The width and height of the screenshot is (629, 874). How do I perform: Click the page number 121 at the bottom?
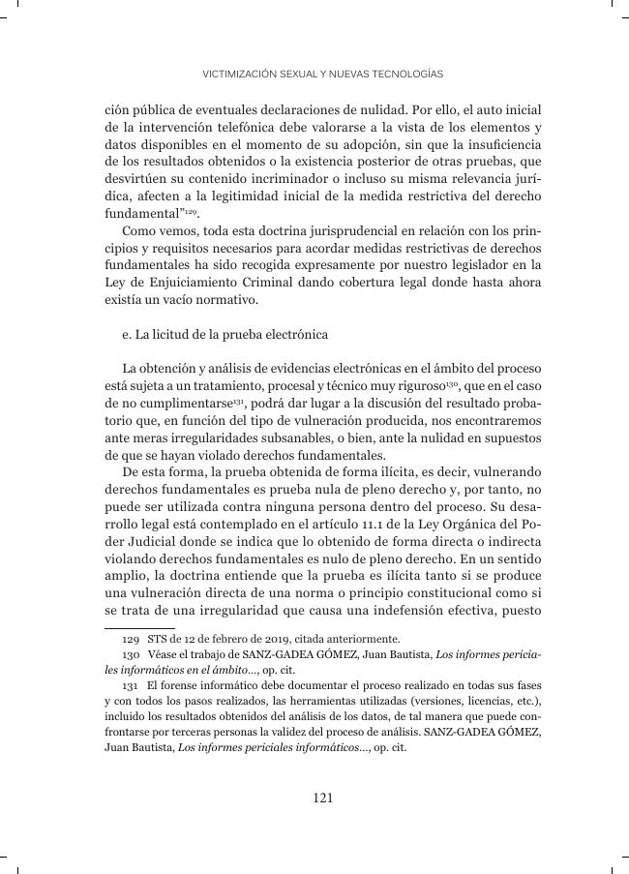[x=323, y=798]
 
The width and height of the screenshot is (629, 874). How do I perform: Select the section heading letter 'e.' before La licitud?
[x=128, y=335]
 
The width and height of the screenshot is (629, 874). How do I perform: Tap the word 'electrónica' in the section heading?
[x=296, y=335]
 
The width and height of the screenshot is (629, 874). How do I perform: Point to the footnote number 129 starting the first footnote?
[x=130, y=639]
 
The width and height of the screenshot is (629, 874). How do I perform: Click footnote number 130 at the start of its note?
[x=130, y=655]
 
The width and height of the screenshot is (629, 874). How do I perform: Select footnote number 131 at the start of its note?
[x=130, y=685]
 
